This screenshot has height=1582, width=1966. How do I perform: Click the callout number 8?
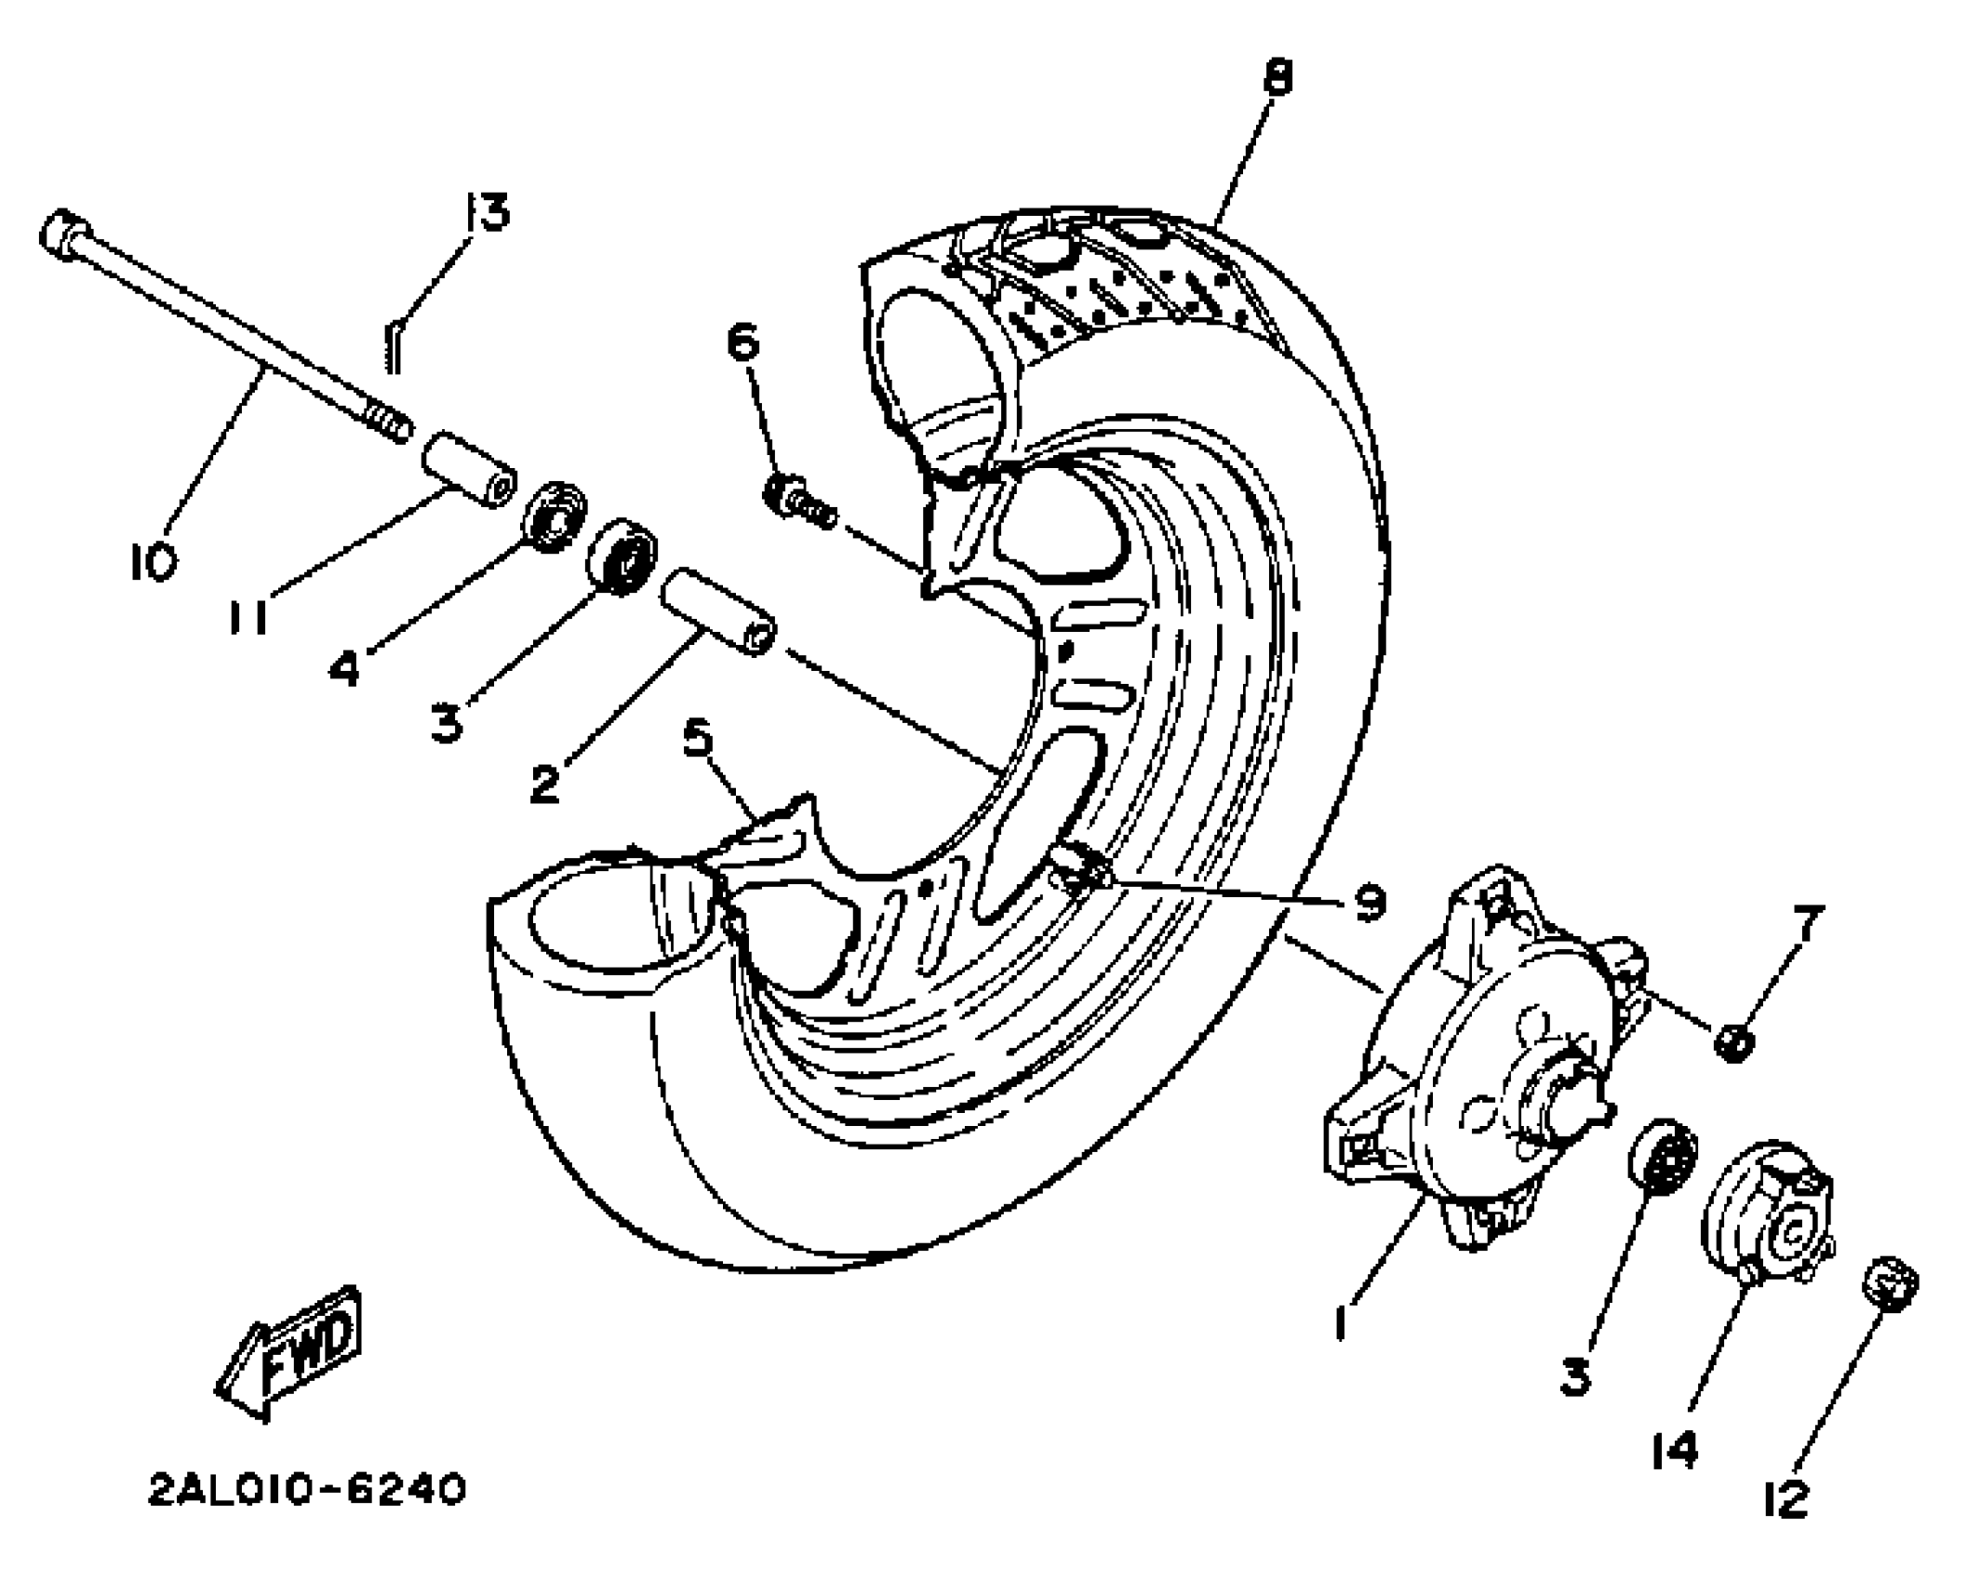click(1278, 77)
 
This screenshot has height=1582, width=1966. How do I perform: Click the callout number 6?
click(742, 342)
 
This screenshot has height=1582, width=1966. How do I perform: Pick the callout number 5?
click(697, 739)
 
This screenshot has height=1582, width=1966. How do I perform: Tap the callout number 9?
click(1369, 901)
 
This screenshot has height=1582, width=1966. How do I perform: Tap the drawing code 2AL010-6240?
click(307, 1491)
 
